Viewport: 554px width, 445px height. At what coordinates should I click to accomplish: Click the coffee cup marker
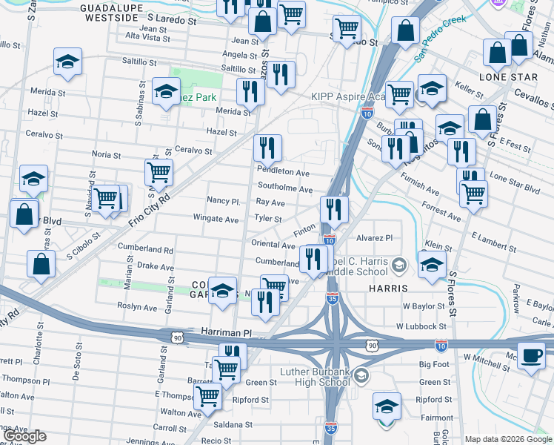pyautogui.click(x=530, y=355)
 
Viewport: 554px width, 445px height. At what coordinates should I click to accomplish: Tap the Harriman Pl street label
pyautogui.click(x=227, y=334)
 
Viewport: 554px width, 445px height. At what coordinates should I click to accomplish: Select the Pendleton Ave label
pyautogui.click(x=283, y=172)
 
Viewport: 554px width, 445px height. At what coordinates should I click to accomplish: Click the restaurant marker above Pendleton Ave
pyautogui.click(x=267, y=148)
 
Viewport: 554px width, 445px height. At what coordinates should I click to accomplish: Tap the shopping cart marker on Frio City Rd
pyautogui.click(x=159, y=172)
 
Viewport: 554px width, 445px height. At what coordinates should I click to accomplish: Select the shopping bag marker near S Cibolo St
pyautogui.click(x=41, y=263)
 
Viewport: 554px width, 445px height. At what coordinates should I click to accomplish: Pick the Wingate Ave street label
pyautogui.click(x=216, y=220)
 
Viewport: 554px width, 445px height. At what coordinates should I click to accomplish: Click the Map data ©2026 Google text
pyautogui.click(x=508, y=439)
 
